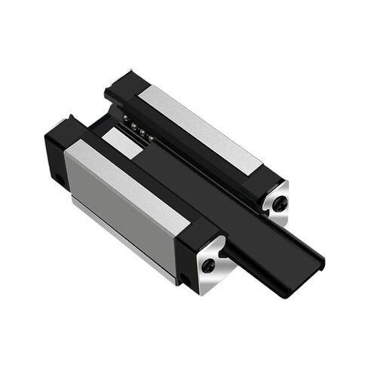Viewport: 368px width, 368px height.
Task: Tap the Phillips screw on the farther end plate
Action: coord(280,202)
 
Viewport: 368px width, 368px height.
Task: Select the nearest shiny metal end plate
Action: coord(210,260)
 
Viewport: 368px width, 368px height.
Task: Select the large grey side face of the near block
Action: coord(121,204)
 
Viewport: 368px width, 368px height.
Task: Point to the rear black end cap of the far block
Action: coord(121,87)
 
